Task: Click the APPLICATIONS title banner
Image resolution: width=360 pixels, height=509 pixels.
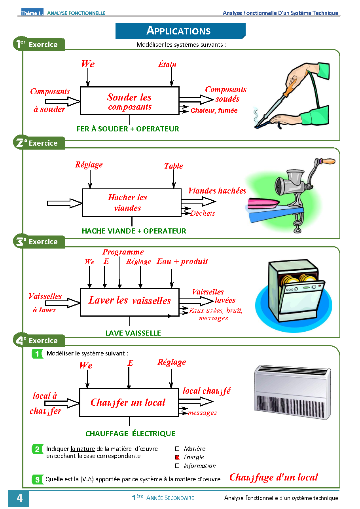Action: point(180,31)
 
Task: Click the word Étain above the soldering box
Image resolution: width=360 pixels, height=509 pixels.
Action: point(167,64)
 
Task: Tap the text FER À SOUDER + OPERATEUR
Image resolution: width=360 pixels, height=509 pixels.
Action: point(128,129)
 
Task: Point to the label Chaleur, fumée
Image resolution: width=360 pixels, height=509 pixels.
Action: point(214,111)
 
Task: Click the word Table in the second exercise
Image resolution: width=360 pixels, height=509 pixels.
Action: point(173,166)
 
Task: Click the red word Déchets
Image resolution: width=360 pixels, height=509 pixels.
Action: point(203,213)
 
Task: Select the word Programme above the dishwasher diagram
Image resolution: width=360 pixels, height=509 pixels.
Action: point(123,252)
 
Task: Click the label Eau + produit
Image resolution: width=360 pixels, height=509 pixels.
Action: point(182,262)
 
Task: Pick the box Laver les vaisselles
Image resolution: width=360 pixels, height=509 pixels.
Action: point(129,301)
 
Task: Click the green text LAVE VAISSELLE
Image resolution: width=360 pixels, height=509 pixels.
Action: point(133,333)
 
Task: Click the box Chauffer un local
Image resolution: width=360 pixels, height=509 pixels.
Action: point(129,403)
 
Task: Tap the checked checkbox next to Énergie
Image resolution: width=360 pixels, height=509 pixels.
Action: point(177,457)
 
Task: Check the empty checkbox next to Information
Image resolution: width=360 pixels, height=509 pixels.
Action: point(177,466)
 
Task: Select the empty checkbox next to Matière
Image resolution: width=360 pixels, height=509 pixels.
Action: point(177,449)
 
